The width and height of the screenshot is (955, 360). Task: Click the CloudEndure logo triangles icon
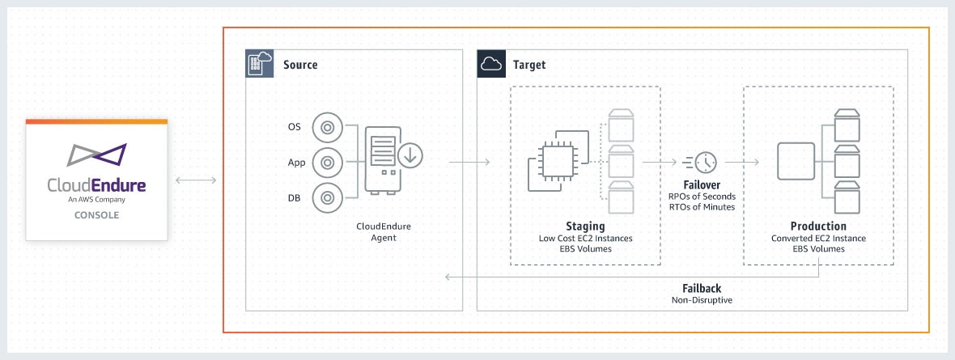[x=96, y=155]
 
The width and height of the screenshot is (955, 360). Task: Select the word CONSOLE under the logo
[x=96, y=215]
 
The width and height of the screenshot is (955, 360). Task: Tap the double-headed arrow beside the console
[x=196, y=180]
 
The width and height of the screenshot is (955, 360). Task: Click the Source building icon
[x=259, y=63]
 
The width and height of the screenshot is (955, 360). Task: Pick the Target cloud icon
[x=490, y=63]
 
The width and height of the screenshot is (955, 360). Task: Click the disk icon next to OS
[x=327, y=128]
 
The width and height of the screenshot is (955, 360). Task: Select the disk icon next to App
[x=327, y=163]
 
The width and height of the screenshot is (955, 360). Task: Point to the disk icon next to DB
[x=327, y=197]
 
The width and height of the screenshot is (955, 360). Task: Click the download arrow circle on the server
[x=410, y=156]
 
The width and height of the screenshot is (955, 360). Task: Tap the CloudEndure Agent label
[x=383, y=232]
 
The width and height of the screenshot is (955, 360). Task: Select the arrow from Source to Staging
[x=469, y=162]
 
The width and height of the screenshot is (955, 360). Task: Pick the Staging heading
[x=584, y=226]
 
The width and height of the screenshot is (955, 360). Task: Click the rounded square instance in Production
[x=796, y=161]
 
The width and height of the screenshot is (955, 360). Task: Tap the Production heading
[x=818, y=226]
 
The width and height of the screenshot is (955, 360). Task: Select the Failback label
[x=702, y=288]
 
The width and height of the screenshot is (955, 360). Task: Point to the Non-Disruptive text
[x=702, y=300]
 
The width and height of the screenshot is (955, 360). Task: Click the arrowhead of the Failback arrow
[x=448, y=277]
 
